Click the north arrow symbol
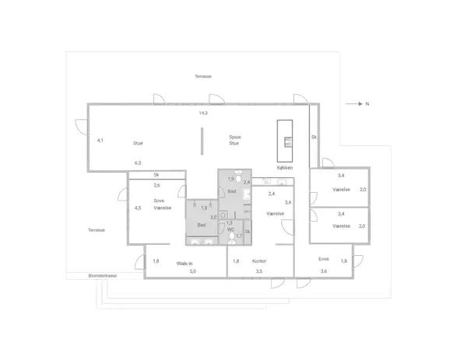360,103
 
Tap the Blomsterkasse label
103,276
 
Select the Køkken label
285,168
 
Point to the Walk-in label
184,263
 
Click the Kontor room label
260,261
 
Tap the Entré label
324,258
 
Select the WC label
230,229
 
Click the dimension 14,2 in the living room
203,113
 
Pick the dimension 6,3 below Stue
138,163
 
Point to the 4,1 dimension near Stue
100,141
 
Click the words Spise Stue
233,140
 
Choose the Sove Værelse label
161,204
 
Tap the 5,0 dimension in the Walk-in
192,271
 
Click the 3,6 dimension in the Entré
324,271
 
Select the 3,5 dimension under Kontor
258,271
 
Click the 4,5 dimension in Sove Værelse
138,208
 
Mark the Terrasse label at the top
203,76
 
